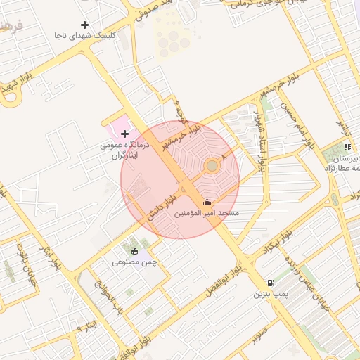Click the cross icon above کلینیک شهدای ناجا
(84, 25)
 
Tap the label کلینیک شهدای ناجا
(84, 35)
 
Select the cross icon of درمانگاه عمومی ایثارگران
(124, 134)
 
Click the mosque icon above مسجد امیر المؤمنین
(207, 202)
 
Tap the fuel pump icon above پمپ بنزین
(271, 283)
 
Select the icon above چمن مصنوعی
(135, 251)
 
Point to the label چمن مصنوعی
(134, 262)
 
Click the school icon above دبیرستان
(347, 148)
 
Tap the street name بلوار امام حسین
(295, 124)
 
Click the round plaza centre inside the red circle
(212, 165)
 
